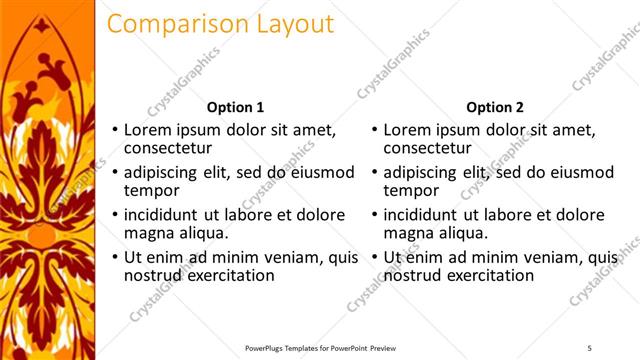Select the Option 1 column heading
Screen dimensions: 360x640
[x=235, y=107]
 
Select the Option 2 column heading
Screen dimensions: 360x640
[x=494, y=107]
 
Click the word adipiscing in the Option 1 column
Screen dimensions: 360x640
[x=165, y=172]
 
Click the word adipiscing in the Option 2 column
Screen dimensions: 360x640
[x=425, y=172]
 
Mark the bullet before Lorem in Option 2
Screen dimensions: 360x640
[x=374, y=130]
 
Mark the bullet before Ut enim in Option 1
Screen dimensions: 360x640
[x=114, y=257]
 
